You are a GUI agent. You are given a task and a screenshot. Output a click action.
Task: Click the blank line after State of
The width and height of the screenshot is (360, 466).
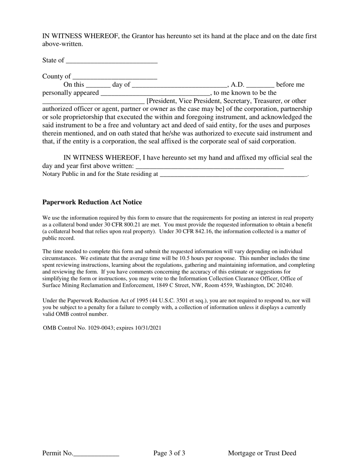coord(111,61)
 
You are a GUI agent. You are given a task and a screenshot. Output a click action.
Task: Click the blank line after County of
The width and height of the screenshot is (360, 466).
coord(114,77)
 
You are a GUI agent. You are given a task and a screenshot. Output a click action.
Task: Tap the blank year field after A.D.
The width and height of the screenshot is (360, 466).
coord(260,85)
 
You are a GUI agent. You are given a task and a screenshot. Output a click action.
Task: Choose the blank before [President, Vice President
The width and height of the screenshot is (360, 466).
coord(93,102)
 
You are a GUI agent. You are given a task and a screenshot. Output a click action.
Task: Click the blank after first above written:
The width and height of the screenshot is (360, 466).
coord(210,167)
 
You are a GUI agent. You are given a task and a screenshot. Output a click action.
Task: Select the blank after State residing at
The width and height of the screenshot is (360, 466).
coord(233,175)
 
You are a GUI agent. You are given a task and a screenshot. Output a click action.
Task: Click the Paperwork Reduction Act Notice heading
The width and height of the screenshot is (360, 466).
coord(92,202)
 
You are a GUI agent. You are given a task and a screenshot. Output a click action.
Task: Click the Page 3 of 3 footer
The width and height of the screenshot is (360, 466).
coord(169,453)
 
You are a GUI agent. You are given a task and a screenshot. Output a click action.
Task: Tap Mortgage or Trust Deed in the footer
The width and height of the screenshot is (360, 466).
coord(262,453)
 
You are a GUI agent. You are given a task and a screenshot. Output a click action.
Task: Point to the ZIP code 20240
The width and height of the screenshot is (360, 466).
coord(285,285)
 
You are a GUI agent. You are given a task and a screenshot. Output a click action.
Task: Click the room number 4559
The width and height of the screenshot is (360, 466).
coord(222,285)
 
